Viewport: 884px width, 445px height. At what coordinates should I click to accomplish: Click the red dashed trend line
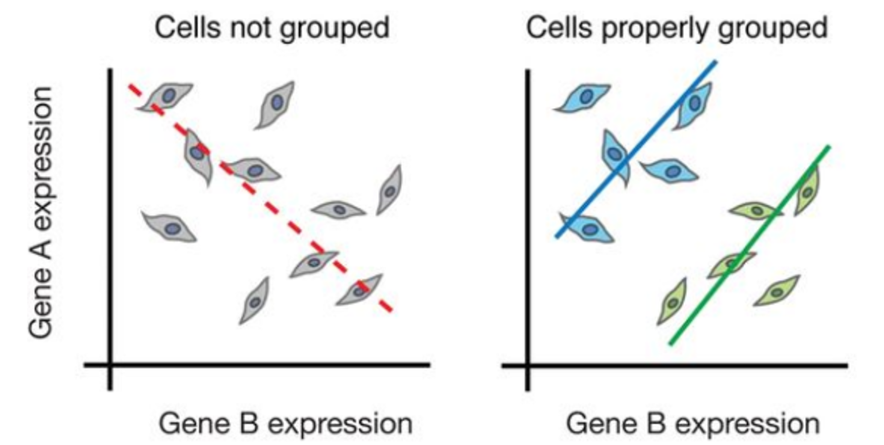[x=260, y=198]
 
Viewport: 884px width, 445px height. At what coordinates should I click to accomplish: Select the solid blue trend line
[x=636, y=149]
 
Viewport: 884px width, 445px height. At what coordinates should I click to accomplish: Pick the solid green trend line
[x=749, y=245]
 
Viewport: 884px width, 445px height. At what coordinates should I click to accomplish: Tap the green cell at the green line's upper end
[x=807, y=191]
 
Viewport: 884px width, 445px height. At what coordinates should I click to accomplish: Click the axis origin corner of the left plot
[x=110, y=365]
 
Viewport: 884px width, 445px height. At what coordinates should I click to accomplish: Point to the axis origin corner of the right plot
[x=528, y=365]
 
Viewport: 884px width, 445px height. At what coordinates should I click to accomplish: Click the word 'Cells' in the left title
[x=188, y=28]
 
